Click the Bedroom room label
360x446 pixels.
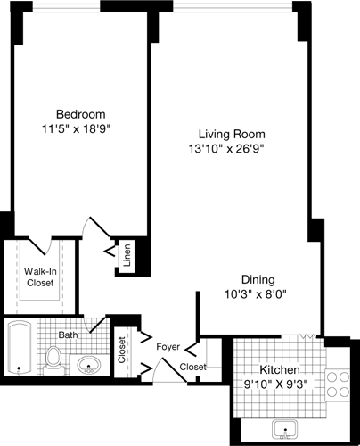coord(81,114)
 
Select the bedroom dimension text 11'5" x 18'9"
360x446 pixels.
coord(81,128)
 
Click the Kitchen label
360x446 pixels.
coord(279,370)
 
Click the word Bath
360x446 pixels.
coord(69,335)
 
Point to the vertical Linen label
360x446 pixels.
coord(127,256)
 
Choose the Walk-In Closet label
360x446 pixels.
coord(41,277)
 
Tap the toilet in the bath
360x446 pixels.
coord(55,359)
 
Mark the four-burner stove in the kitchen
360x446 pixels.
coord(337,384)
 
